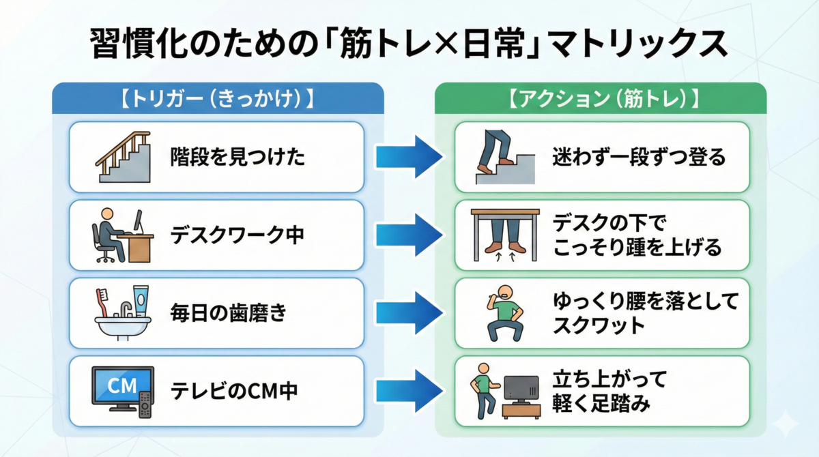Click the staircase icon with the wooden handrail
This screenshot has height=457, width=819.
coord(124,157)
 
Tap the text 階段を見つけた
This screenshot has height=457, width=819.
coord(238,157)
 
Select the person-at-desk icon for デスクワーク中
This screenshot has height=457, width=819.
coord(122,235)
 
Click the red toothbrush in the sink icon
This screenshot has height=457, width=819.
coord(102,302)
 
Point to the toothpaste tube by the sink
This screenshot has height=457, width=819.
coord(141,301)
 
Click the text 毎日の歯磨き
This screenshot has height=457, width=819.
coord(229,313)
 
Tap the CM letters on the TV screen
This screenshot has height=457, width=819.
coord(122,386)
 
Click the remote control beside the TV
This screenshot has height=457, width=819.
coord(145,404)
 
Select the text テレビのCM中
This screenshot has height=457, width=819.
coord(234,392)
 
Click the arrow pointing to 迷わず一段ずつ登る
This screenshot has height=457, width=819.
coord(409,157)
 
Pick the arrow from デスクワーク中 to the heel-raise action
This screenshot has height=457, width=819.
coord(409,235)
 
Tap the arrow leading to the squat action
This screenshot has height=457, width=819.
coord(409,313)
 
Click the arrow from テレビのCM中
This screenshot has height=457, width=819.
coord(409,392)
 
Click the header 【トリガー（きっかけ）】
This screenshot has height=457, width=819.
coord(218,99)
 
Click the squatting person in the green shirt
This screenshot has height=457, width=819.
coord(505,314)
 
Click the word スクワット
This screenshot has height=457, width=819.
coord(599,325)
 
